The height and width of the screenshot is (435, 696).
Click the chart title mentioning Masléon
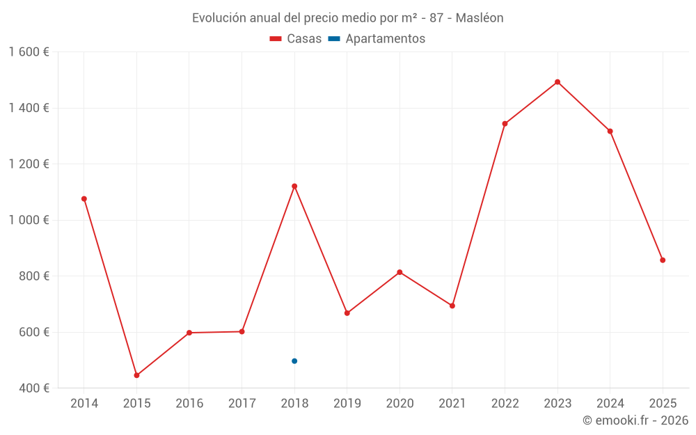347,18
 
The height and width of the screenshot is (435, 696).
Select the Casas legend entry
296,39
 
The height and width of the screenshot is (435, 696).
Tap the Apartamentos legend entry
377,39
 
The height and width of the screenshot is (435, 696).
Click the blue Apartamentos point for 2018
294,361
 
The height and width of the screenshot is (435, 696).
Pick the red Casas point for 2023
557,82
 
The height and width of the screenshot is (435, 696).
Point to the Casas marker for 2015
136,375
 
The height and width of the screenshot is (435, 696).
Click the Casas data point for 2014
84,199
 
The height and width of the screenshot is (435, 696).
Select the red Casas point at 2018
294,186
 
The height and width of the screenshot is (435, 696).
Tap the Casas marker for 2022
505,124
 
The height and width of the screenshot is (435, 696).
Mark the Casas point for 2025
663,260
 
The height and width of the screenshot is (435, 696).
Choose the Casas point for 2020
400,272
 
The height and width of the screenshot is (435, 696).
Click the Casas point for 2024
610,132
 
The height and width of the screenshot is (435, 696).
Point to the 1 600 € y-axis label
29,52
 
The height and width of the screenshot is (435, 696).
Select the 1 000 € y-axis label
29,220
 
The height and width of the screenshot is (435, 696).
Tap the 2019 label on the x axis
347,404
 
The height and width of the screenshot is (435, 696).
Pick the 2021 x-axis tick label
452,404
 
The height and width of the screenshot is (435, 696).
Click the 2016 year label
189,404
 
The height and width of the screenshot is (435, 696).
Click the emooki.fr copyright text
635,420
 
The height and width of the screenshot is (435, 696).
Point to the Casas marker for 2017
242,331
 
